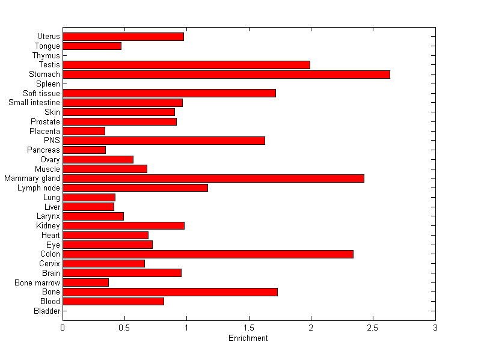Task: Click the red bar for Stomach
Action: click(226, 75)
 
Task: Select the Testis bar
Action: click(186, 65)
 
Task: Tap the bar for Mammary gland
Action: click(213, 178)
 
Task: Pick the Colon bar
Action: click(208, 254)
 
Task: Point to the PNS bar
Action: click(164, 141)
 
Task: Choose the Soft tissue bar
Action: click(169, 93)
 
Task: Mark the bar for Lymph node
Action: click(135, 188)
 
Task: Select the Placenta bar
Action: click(84, 131)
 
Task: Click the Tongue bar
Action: click(92, 46)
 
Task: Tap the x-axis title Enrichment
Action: click(248, 338)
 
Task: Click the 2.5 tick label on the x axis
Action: click(373, 328)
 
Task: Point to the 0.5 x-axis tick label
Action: click(124, 328)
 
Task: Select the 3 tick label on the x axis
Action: click(435, 328)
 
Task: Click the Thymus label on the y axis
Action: click(46, 55)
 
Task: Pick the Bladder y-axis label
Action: click(47, 311)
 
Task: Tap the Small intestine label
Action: click(34, 103)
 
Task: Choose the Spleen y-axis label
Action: click(48, 84)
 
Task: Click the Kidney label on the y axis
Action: click(48, 226)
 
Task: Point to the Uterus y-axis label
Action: click(48, 37)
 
